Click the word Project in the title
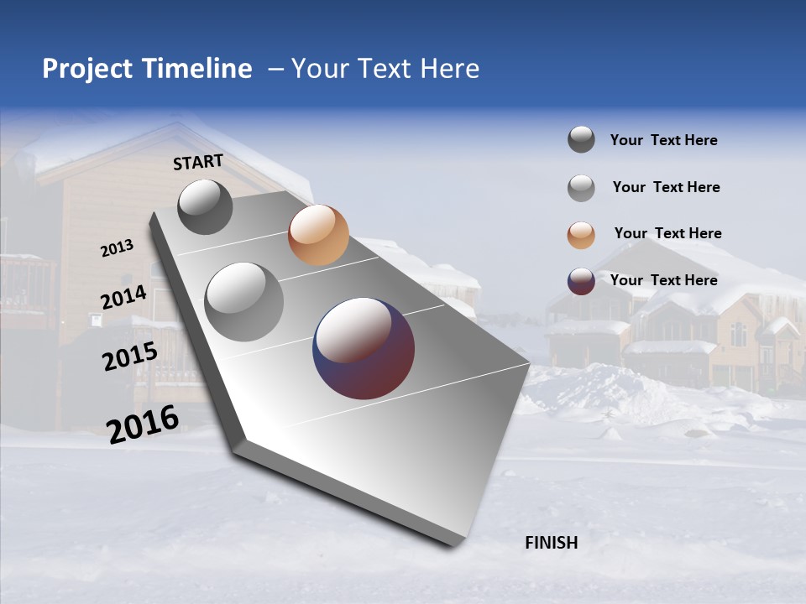pyautogui.click(x=86, y=69)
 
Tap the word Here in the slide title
pyautogui.click(x=449, y=69)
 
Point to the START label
pyautogui.click(x=198, y=162)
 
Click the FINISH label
pyautogui.click(x=551, y=543)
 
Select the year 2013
pyautogui.click(x=117, y=248)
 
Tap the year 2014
pyautogui.click(x=123, y=298)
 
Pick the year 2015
pyautogui.click(x=129, y=357)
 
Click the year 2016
pyautogui.click(x=143, y=424)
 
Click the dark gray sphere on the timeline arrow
pyautogui.click(x=205, y=206)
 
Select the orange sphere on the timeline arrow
pyautogui.click(x=318, y=235)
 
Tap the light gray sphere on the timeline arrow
pyautogui.click(x=243, y=301)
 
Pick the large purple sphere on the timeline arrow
pyautogui.click(x=364, y=347)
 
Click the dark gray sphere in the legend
pyautogui.click(x=581, y=139)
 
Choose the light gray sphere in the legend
pyautogui.click(x=581, y=188)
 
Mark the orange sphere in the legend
pyautogui.click(x=581, y=235)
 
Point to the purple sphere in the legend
pyautogui.click(x=581, y=281)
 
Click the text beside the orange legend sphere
pyautogui.click(x=667, y=233)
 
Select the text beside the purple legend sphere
pyautogui.click(x=663, y=280)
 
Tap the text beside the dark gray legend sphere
pyautogui.click(x=663, y=140)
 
